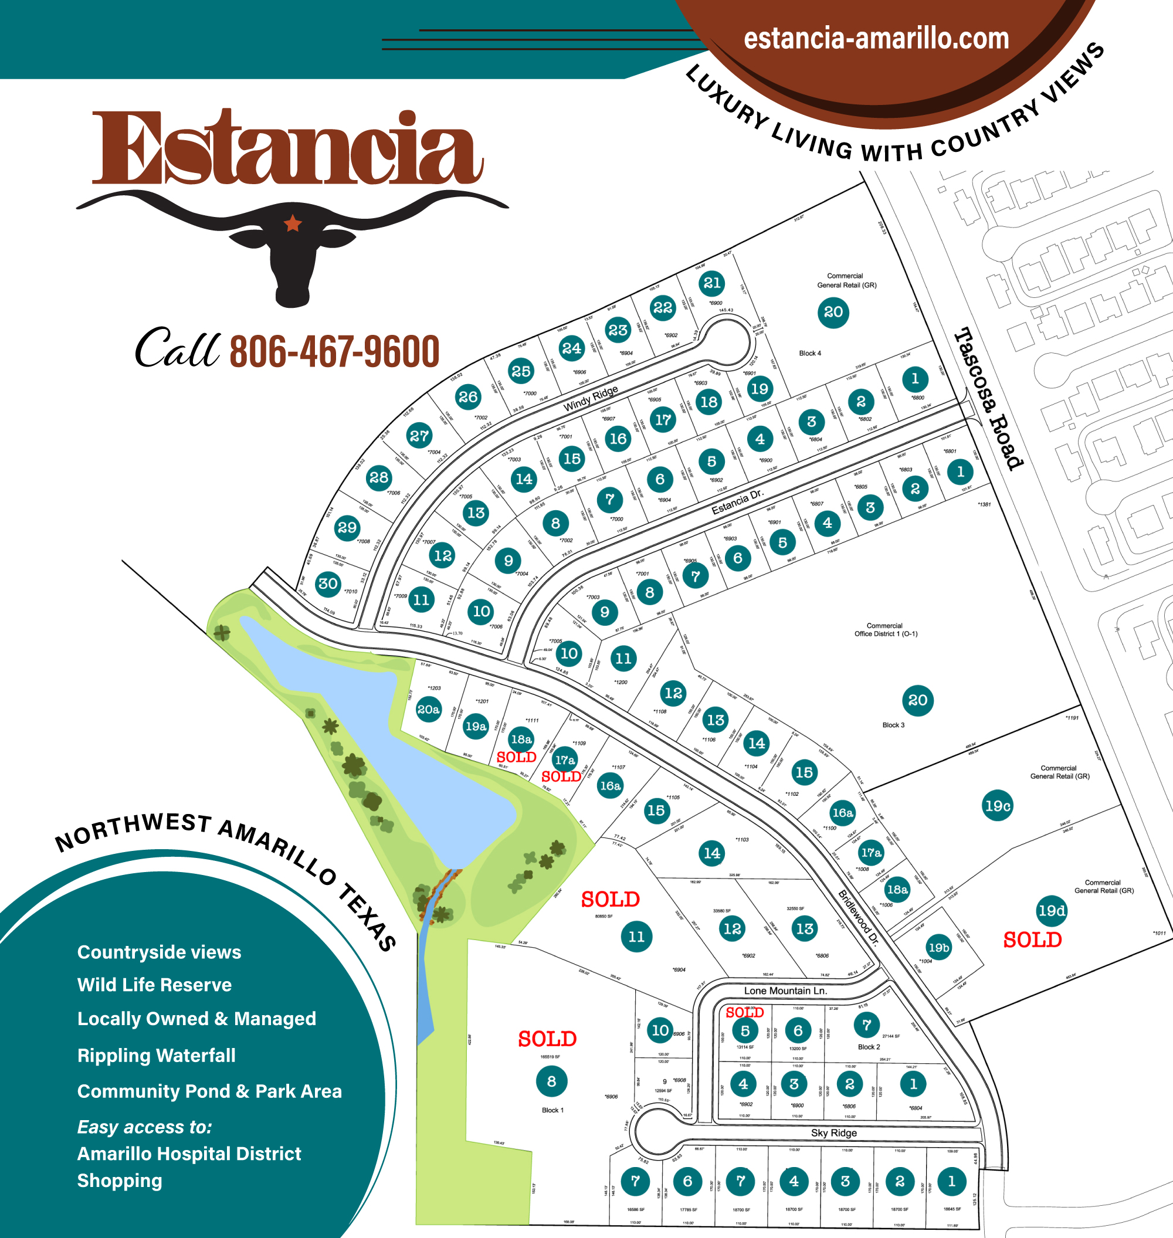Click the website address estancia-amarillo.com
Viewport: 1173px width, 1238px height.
(x=876, y=39)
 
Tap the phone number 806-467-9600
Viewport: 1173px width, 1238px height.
(x=334, y=352)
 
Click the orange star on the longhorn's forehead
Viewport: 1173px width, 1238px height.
(x=292, y=223)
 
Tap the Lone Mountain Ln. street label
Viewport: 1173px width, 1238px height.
(x=785, y=991)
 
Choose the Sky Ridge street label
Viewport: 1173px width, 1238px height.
(x=833, y=1132)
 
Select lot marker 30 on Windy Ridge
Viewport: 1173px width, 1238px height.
(x=328, y=584)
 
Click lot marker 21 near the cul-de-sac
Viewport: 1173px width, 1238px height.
(x=711, y=283)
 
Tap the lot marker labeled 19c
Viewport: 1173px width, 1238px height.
(x=997, y=806)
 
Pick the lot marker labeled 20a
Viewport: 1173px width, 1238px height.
(x=428, y=709)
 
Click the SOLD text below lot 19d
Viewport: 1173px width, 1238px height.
(x=1032, y=939)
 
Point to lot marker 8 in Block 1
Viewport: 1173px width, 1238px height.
(x=551, y=1081)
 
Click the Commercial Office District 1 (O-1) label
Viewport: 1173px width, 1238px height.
(x=886, y=629)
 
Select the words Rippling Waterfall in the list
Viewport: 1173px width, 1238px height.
(x=157, y=1056)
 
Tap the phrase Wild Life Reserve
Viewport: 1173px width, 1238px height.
(x=154, y=985)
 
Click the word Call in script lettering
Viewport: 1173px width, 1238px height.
(x=177, y=348)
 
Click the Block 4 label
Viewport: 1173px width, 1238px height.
(x=810, y=353)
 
